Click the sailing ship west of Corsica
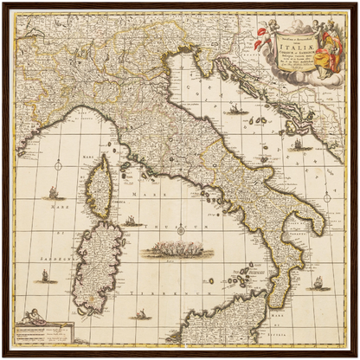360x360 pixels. tap(54, 192)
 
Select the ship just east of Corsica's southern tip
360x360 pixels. tap(132, 221)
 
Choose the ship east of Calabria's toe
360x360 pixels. tap(317, 282)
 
